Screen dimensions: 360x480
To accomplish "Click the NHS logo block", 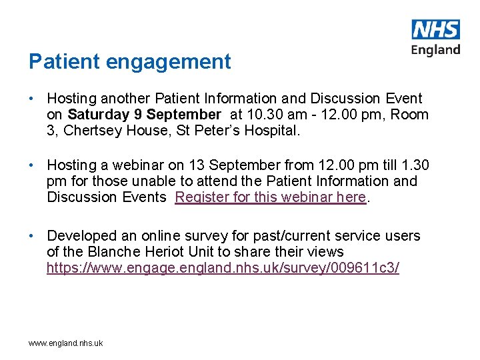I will pos(436,29).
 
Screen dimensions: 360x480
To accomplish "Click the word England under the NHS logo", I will pos(436,50).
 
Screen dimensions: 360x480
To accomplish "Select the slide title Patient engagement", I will pos(130,61).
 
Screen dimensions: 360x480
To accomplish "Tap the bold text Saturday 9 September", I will pos(144,115).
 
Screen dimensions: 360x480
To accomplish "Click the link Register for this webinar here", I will pos(271,197).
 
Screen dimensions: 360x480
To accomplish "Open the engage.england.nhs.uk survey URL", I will pos(223,269).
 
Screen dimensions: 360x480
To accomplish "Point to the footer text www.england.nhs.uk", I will pos(65,343).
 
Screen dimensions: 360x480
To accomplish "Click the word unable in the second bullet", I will pos(150,181).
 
